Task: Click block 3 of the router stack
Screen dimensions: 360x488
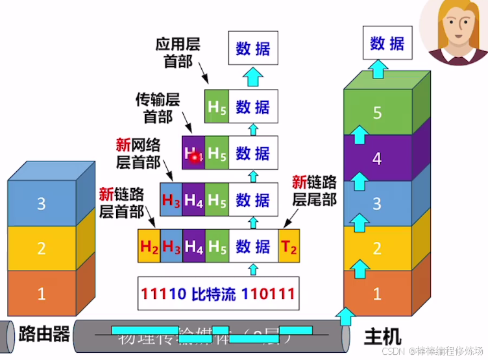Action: click(x=41, y=204)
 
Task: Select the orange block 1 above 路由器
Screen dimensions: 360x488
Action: click(x=41, y=293)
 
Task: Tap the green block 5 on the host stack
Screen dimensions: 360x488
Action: click(x=377, y=113)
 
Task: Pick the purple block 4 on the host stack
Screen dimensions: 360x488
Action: click(x=377, y=158)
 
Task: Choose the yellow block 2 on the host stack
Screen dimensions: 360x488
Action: click(x=377, y=248)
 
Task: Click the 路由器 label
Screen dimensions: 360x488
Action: click(x=44, y=333)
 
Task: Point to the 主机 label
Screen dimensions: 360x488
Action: click(x=382, y=337)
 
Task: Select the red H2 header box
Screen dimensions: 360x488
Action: click(x=150, y=246)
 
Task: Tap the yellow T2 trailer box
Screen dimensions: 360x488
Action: click(x=289, y=246)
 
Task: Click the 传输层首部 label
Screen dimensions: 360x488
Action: click(x=156, y=108)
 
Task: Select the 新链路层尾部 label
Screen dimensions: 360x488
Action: click(x=314, y=191)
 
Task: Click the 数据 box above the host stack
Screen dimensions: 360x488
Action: click(x=387, y=43)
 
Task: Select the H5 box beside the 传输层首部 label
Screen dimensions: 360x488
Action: click(x=217, y=106)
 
